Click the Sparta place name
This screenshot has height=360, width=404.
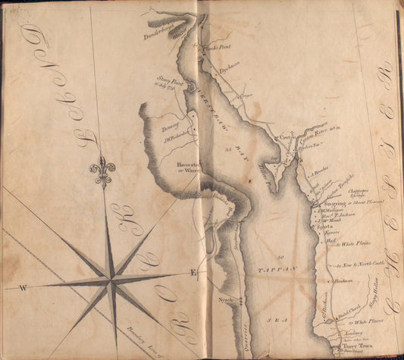[326, 226]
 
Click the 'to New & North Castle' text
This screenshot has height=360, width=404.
[359, 264]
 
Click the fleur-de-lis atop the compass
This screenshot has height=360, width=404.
[102, 171]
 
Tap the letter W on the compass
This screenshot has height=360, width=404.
[23, 287]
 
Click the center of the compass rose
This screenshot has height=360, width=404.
[111, 281]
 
